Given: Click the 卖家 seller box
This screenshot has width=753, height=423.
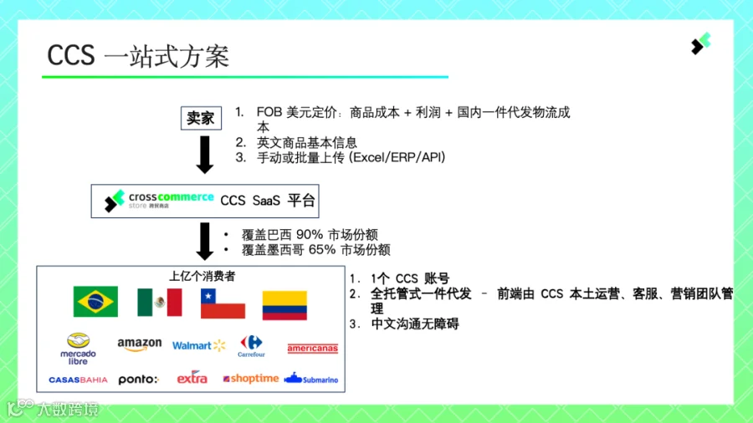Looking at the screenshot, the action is pos(201,118).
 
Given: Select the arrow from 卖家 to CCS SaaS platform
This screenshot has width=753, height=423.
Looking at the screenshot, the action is pos(205,155).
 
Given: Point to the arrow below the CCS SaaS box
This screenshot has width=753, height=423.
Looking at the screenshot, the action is pos(205,242).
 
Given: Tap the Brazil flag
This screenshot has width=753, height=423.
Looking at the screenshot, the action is pos(95,302).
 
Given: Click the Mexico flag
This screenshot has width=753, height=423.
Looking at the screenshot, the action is pos(160,302).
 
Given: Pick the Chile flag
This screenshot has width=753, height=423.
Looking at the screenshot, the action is pos(223,303).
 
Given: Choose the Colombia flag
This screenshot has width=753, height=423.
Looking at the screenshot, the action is pos(284,305).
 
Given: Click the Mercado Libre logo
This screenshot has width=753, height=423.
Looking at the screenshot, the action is pos(78,349).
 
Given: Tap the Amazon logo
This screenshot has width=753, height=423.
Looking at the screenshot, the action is pos(139,344).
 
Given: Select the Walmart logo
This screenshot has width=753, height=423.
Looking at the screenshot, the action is pos(199,345).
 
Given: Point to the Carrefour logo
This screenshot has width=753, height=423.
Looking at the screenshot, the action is pos(251,346).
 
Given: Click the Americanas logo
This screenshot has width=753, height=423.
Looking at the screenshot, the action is pos(313,349).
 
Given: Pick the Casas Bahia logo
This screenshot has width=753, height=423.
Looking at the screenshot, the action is pos(78,380).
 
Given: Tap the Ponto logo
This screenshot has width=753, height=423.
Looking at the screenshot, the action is pos(138,380).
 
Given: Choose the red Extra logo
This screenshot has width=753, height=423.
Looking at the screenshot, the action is pos(192,377).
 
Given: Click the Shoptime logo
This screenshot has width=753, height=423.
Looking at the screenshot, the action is pos(251,379).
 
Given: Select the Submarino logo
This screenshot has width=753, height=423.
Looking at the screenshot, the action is pos(311,379).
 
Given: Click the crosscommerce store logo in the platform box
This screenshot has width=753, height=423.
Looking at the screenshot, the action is pos(159,201).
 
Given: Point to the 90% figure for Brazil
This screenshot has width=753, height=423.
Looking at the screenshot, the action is pos(310,235).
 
